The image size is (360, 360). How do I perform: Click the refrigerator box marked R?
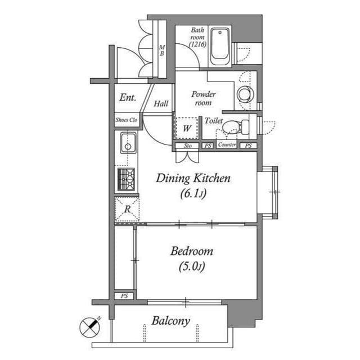(x=127, y=210)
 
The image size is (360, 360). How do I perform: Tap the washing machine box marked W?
(x=187, y=128)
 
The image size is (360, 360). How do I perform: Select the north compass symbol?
(x=88, y=326)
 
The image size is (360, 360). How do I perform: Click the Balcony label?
(x=170, y=321)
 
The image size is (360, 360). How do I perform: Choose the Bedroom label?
(x=192, y=251)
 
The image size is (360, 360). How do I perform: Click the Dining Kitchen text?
(x=193, y=179)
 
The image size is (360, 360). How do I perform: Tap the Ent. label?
(x=128, y=98)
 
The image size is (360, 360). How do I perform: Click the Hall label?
(x=161, y=103)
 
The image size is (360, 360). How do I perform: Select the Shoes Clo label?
(x=126, y=120)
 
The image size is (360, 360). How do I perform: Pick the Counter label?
(x=227, y=145)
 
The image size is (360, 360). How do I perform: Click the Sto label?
(x=187, y=146)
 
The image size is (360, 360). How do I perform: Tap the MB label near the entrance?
(x=161, y=50)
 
